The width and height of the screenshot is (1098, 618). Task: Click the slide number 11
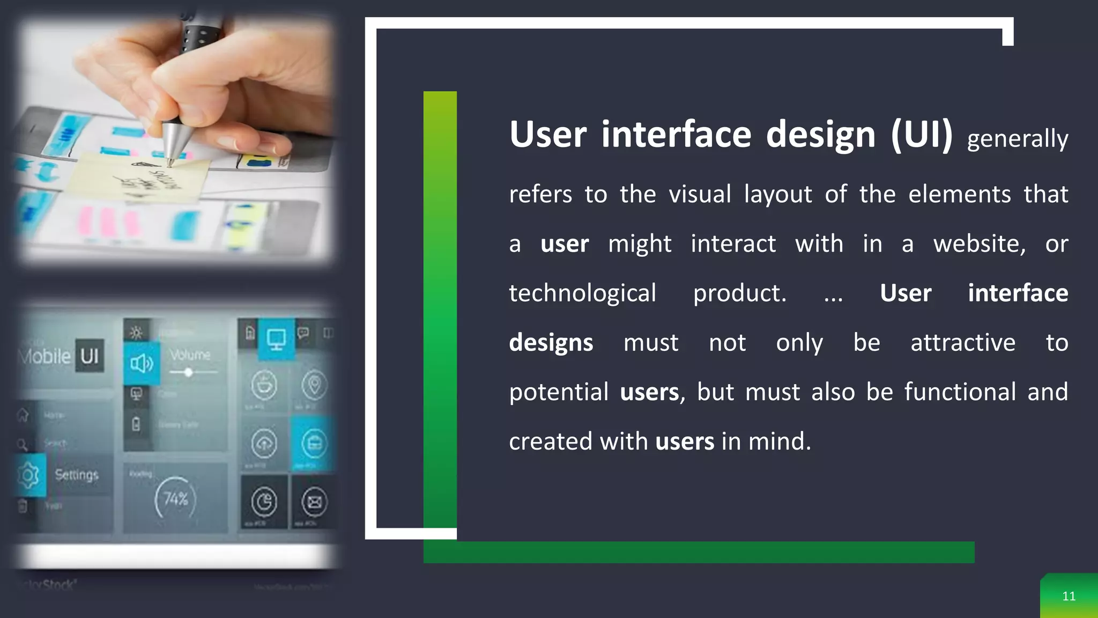1069,596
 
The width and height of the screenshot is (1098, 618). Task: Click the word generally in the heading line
1017,139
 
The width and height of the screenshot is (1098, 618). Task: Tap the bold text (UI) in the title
921,134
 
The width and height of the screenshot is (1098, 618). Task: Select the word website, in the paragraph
979,244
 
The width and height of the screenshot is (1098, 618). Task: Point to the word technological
582,293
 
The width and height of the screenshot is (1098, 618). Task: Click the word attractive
962,343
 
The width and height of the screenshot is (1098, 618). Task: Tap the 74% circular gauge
175,499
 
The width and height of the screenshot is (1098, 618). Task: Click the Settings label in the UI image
77,475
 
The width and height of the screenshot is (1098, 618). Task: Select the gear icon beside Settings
28,475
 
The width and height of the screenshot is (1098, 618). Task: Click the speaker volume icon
142,364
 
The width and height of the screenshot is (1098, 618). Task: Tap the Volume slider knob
188,372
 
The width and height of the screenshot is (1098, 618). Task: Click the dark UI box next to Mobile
90,356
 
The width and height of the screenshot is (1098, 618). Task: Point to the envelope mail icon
314,502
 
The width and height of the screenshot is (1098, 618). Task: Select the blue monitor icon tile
277,339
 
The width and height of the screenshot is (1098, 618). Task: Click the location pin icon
314,385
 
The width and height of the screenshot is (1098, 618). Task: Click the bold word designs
551,343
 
